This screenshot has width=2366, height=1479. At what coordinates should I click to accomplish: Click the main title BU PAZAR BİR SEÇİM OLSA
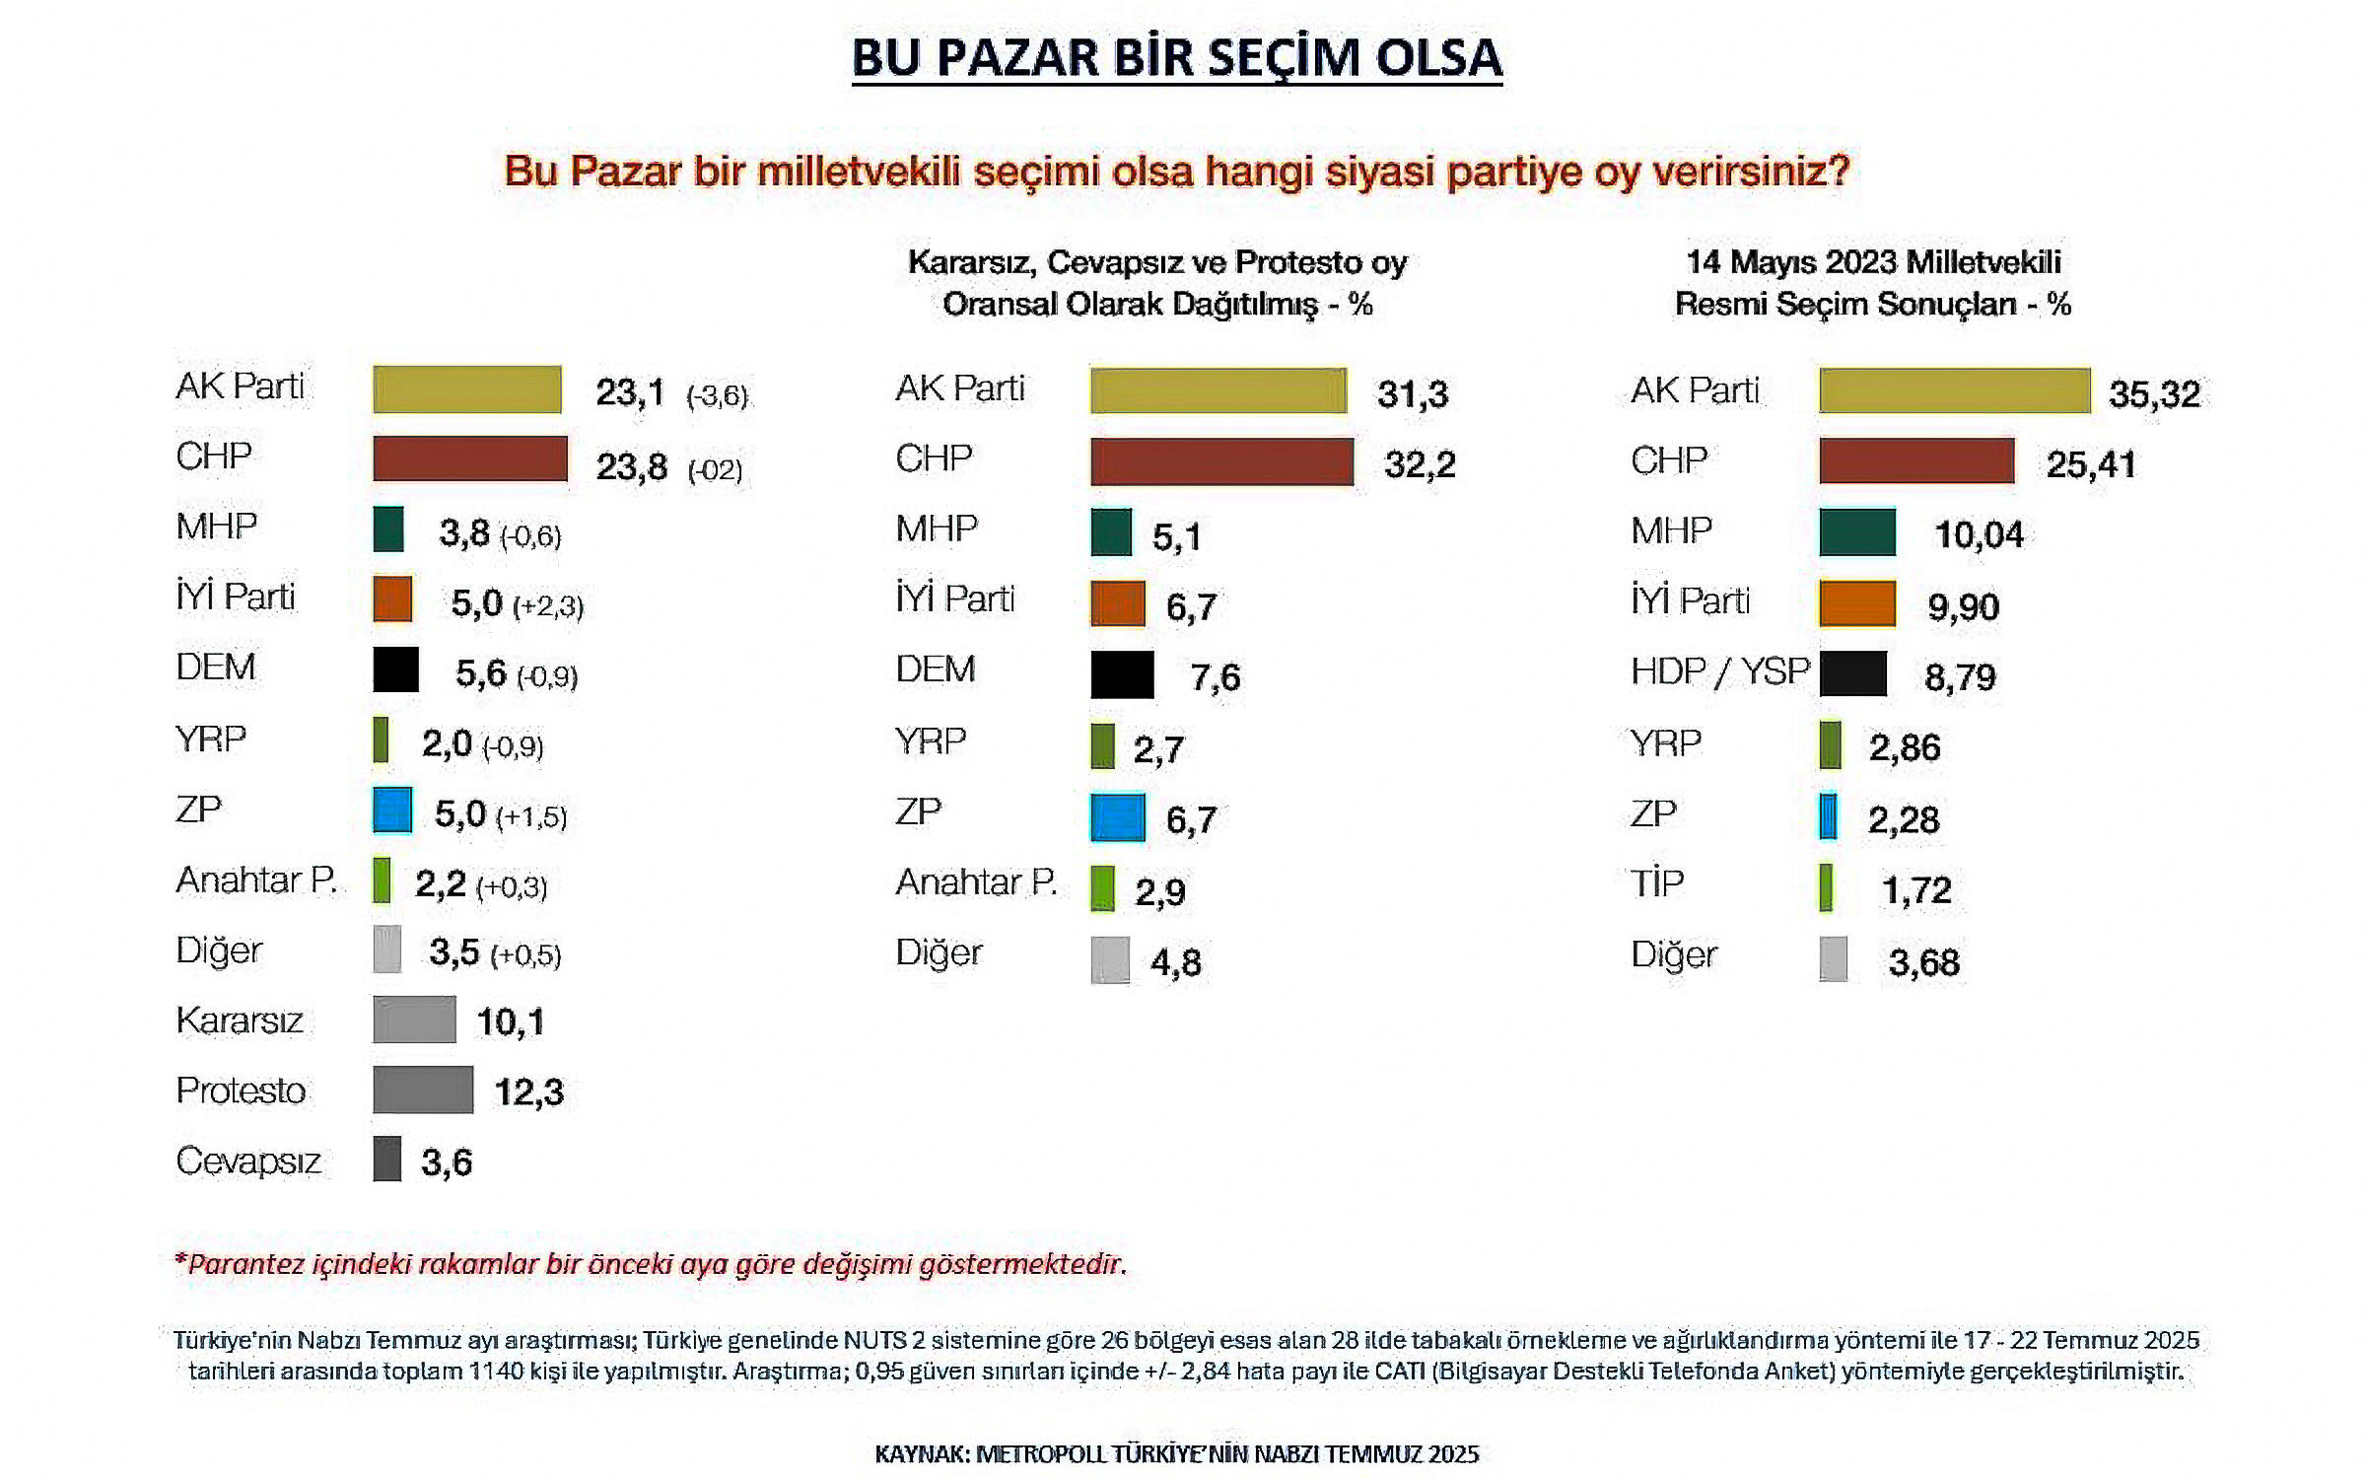click(x=1176, y=57)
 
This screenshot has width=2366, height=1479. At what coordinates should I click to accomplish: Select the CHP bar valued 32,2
click(x=1221, y=461)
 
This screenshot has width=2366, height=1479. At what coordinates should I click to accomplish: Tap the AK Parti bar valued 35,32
click(x=1954, y=390)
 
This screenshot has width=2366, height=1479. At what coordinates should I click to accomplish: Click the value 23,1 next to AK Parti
click(x=630, y=392)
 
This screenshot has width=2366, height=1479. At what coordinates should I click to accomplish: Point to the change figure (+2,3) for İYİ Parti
click(x=547, y=605)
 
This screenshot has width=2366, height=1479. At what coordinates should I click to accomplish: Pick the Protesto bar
click(x=423, y=1090)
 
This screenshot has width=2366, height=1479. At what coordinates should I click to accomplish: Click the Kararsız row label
click(x=240, y=1021)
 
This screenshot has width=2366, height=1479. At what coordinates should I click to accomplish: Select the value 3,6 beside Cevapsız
click(x=447, y=1162)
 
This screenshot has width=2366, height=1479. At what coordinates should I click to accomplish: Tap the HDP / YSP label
click(x=1719, y=671)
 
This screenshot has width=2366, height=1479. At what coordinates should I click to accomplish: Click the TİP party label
click(x=1657, y=883)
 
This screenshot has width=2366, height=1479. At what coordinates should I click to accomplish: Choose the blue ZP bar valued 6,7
click(x=1118, y=817)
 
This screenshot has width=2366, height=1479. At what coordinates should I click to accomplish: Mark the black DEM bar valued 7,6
click(x=1122, y=675)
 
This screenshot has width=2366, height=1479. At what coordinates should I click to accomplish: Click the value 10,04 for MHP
click(x=1979, y=534)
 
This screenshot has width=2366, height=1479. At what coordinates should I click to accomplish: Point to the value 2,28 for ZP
click(x=1903, y=819)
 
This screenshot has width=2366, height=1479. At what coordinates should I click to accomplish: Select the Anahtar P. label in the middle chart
click(x=976, y=881)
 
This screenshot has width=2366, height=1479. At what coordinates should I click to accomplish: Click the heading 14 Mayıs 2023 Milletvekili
click(x=1873, y=262)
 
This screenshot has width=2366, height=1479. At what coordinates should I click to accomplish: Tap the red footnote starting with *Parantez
click(x=651, y=1264)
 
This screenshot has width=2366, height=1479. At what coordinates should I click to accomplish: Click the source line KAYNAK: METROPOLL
click(x=1176, y=1454)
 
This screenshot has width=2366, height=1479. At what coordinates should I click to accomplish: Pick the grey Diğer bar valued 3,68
click(x=1833, y=959)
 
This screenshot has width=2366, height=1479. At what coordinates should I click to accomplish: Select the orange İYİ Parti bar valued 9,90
click(x=1857, y=603)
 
